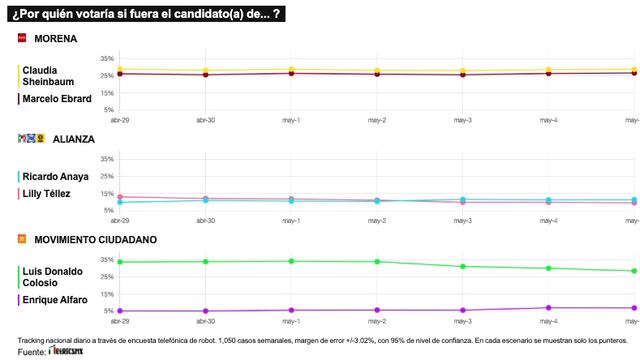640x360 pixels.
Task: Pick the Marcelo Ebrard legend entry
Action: (56, 98)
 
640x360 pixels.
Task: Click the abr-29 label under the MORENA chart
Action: (119, 120)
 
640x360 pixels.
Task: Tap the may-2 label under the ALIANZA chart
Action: (377, 221)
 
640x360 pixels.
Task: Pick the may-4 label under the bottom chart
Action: (548, 321)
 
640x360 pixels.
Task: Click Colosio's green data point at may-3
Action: (462, 266)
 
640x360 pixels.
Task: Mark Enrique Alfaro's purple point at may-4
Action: (548, 308)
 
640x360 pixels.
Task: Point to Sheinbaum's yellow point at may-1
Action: (290, 70)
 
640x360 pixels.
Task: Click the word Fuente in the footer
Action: (31, 352)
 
